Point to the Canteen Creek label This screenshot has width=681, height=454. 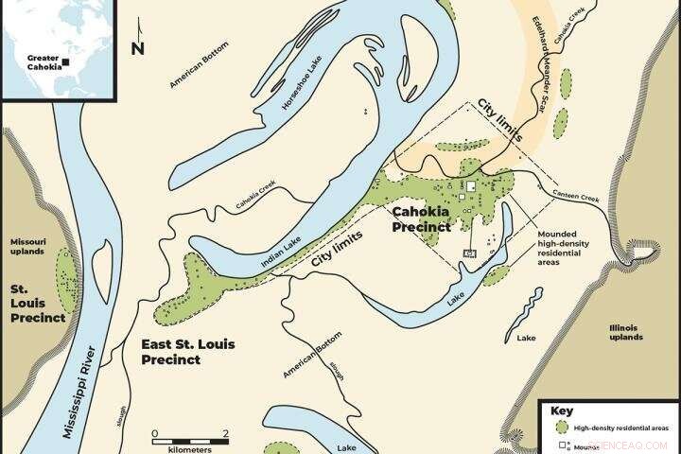coord(577,197)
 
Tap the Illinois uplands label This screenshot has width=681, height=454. coord(626,332)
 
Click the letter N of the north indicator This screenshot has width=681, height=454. coord(138,47)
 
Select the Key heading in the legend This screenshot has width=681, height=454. coord(561,411)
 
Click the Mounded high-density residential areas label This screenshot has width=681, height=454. coord(565,248)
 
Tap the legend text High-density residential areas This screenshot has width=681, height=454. coord(621,428)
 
